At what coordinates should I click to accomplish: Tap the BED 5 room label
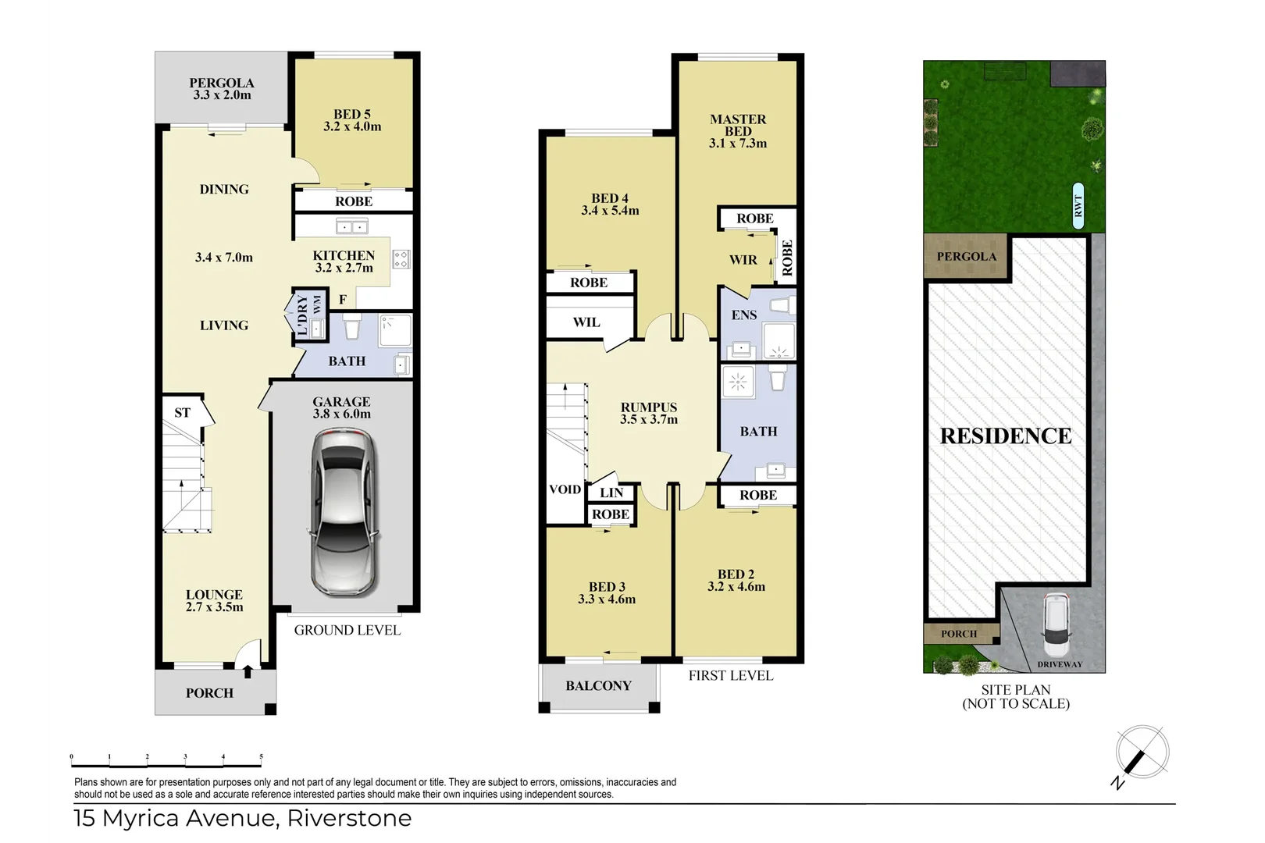pyautogui.click(x=352, y=114)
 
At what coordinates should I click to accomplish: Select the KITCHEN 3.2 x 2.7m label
pyautogui.click(x=344, y=261)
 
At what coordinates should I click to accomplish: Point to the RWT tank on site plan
pyautogui.click(x=1078, y=206)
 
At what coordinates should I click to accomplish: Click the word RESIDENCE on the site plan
pyautogui.click(x=1005, y=436)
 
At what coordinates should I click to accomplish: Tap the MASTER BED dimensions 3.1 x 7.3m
pyautogui.click(x=738, y=144)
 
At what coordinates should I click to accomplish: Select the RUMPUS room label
pyautogui.click(x=648, y=407)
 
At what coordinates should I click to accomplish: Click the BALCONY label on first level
pyautogui.click(x=598, y=685)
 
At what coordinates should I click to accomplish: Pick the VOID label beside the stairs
pyautogui.click(x=565, y=489)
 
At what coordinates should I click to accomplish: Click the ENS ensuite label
pyautogui.click(x=743, y=315)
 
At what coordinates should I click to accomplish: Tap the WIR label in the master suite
pyautogui.click(x=743, y=260)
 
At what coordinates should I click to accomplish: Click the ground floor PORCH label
pyautogui.click(x=209, y=692)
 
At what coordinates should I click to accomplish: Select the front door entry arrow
pyautogui.click(x=248, y=670)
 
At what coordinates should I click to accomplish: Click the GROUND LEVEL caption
pyautogui.click(x=347, y=630)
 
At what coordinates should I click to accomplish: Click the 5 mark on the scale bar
pyautogui.click(x=261, y=756)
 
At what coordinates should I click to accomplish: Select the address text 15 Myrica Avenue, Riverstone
pyautogui.click(x=243, y=818)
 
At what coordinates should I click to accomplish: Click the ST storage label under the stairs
pyautogui.click(x=182, y=412)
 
